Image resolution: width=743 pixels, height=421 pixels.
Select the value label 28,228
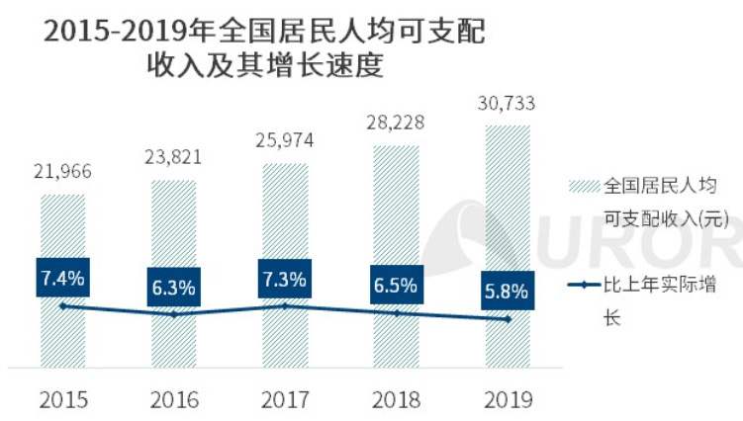point(396,127)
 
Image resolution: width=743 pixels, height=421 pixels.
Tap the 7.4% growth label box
point(62,278)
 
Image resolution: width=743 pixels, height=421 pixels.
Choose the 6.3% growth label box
point(174,289)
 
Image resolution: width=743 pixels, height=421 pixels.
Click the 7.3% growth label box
point(285,279)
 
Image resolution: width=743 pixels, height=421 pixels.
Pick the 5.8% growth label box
point(508,292)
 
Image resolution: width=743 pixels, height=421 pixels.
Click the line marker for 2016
point(174,314)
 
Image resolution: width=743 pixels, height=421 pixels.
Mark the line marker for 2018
point(396,313)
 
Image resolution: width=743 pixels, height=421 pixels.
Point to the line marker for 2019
point(508,318)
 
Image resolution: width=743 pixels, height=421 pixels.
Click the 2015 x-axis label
point(62,399)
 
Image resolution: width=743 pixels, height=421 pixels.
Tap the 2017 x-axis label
point(285,399)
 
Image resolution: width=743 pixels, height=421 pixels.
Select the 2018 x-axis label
point(396,399)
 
